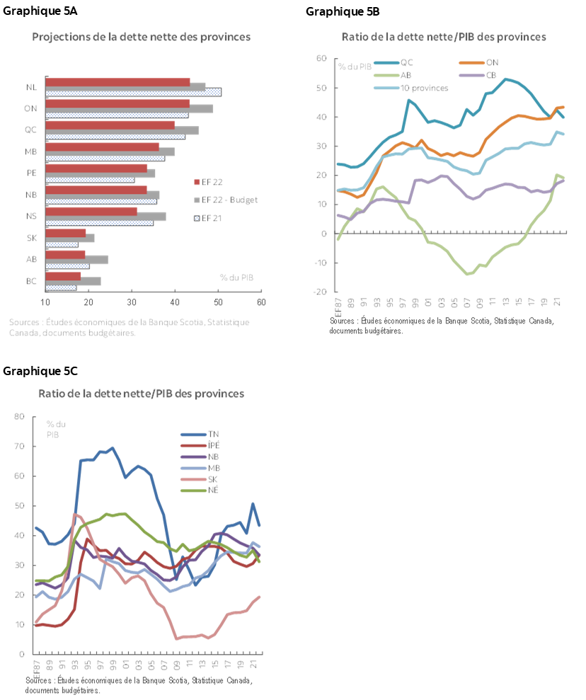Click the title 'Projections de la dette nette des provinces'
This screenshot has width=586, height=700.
(142, 36)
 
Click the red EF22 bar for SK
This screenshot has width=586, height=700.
(66, 232)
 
